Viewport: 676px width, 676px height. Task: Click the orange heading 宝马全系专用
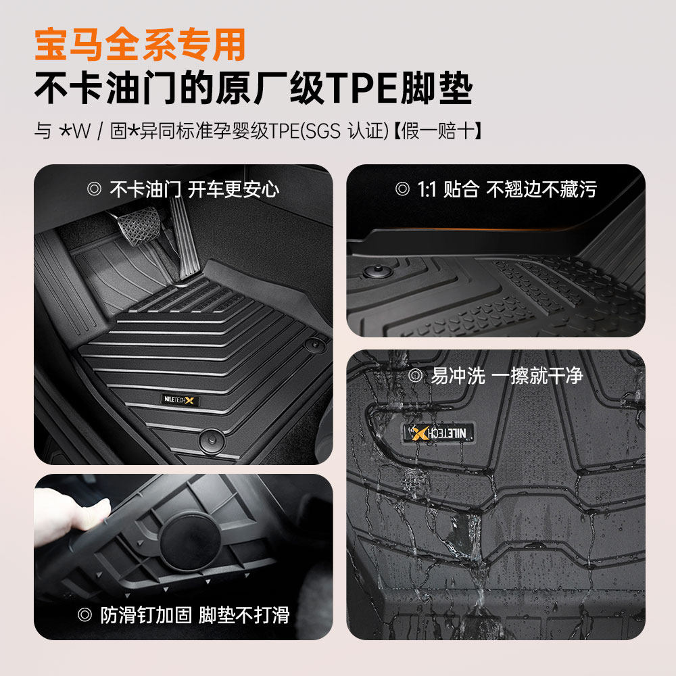tap(140, 45)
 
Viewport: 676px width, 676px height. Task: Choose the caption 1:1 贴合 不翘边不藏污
tap(506, 189)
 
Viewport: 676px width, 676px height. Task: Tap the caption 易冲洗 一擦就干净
tap(506, 376)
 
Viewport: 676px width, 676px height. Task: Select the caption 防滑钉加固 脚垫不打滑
tap(195, 614)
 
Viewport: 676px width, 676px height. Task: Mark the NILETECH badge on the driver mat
tap(181, 401)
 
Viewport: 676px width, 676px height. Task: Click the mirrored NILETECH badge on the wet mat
tap(440, 433)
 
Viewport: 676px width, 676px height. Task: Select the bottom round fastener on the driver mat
tap(210, 440)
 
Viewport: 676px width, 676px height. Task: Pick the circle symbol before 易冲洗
tap(415, 377)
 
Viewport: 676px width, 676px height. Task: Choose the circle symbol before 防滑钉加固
tap(84, 614)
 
